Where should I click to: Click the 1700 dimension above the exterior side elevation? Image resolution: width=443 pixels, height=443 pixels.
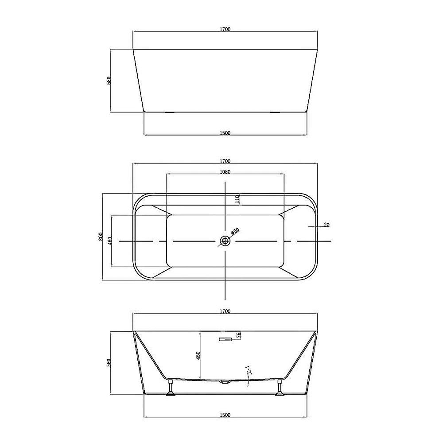coord(225,29)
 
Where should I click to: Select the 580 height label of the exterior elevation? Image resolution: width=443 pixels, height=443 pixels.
coord(108,81)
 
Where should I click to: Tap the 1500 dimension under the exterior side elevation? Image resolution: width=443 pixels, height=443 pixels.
coord(225,132)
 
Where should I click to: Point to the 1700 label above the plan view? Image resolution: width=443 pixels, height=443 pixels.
coord(225,161)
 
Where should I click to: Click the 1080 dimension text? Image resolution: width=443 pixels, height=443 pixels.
coord(225,172)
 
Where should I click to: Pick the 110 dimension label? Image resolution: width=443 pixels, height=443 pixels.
coord(237,199)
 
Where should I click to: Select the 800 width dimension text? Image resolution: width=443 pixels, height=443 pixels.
coord(101,237)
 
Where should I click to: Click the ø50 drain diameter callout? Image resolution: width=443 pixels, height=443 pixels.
coord(235,231)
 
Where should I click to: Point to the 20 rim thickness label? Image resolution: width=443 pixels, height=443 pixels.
coord(326,225)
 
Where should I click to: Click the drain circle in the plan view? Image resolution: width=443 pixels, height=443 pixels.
coord(225,241)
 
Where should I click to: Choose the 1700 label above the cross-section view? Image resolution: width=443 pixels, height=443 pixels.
coord(225,311)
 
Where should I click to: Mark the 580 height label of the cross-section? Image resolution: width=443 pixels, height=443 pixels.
coord(108,362)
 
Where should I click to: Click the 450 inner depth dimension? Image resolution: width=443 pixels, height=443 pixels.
coord(199,355)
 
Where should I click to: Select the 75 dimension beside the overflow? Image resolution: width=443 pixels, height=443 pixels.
coord(239,335)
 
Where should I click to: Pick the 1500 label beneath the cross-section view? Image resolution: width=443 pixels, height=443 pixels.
coord(225,415)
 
